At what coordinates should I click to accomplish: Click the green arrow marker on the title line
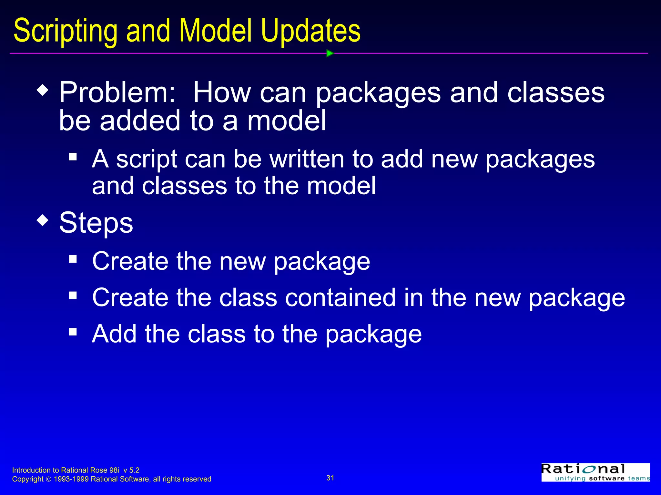coord(330,53)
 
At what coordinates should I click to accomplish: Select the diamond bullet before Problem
coord(43,90)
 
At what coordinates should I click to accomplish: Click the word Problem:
coord(117,93)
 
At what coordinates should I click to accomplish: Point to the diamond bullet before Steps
coord(43,221)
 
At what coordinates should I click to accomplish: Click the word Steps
coord(96,223)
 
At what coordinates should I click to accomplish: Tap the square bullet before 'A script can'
coord(73,157)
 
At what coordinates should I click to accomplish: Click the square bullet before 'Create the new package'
coord(73,259)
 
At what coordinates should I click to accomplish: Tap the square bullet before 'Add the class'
coord(73,332)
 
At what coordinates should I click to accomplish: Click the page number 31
coord(330,478)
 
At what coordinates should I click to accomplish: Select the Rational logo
coord(595,472)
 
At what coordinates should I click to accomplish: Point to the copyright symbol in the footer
coord(49,480)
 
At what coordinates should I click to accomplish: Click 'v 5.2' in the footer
coord(131,470)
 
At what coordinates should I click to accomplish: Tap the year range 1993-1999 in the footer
coord(71,479)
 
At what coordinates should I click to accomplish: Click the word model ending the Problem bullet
coord(287,121)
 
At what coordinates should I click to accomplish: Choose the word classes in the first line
coord(556,93)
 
